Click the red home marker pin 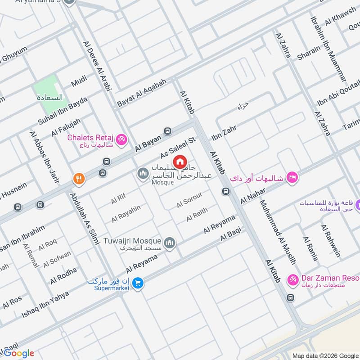(180, 162)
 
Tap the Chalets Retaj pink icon (121, 140)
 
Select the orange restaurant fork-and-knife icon (79, 179)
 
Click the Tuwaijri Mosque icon (170, 243)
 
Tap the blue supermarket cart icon (138, 283)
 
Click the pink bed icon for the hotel (292, 178)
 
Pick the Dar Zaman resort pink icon (293, 280)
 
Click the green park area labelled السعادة (47, 89)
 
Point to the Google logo (18, 353)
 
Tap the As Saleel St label (179, 148)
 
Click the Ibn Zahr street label (224, 130)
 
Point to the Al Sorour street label (189, 200)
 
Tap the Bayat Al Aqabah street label (142, 93)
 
